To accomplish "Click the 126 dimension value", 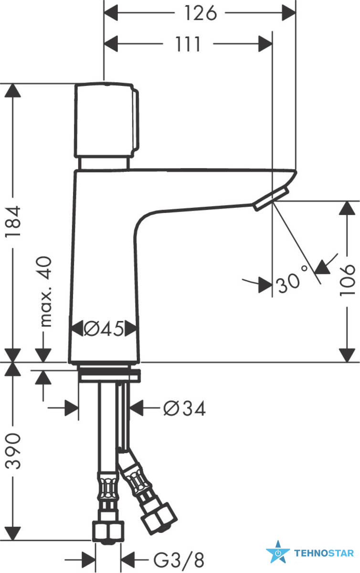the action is click(x=201, y=13).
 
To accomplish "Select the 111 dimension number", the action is click(x=188, y=44).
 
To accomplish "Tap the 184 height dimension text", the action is click(x=13, y=222).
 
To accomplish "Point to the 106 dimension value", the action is click(x=347, y=281).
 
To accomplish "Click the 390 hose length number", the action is click(x=13, y=451).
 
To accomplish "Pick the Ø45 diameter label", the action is click(x=104, y=328).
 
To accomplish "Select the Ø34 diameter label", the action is click(x=184, y=408).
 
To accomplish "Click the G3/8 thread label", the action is click(x=179, y=560).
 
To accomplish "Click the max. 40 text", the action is click(x=46, y=291).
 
